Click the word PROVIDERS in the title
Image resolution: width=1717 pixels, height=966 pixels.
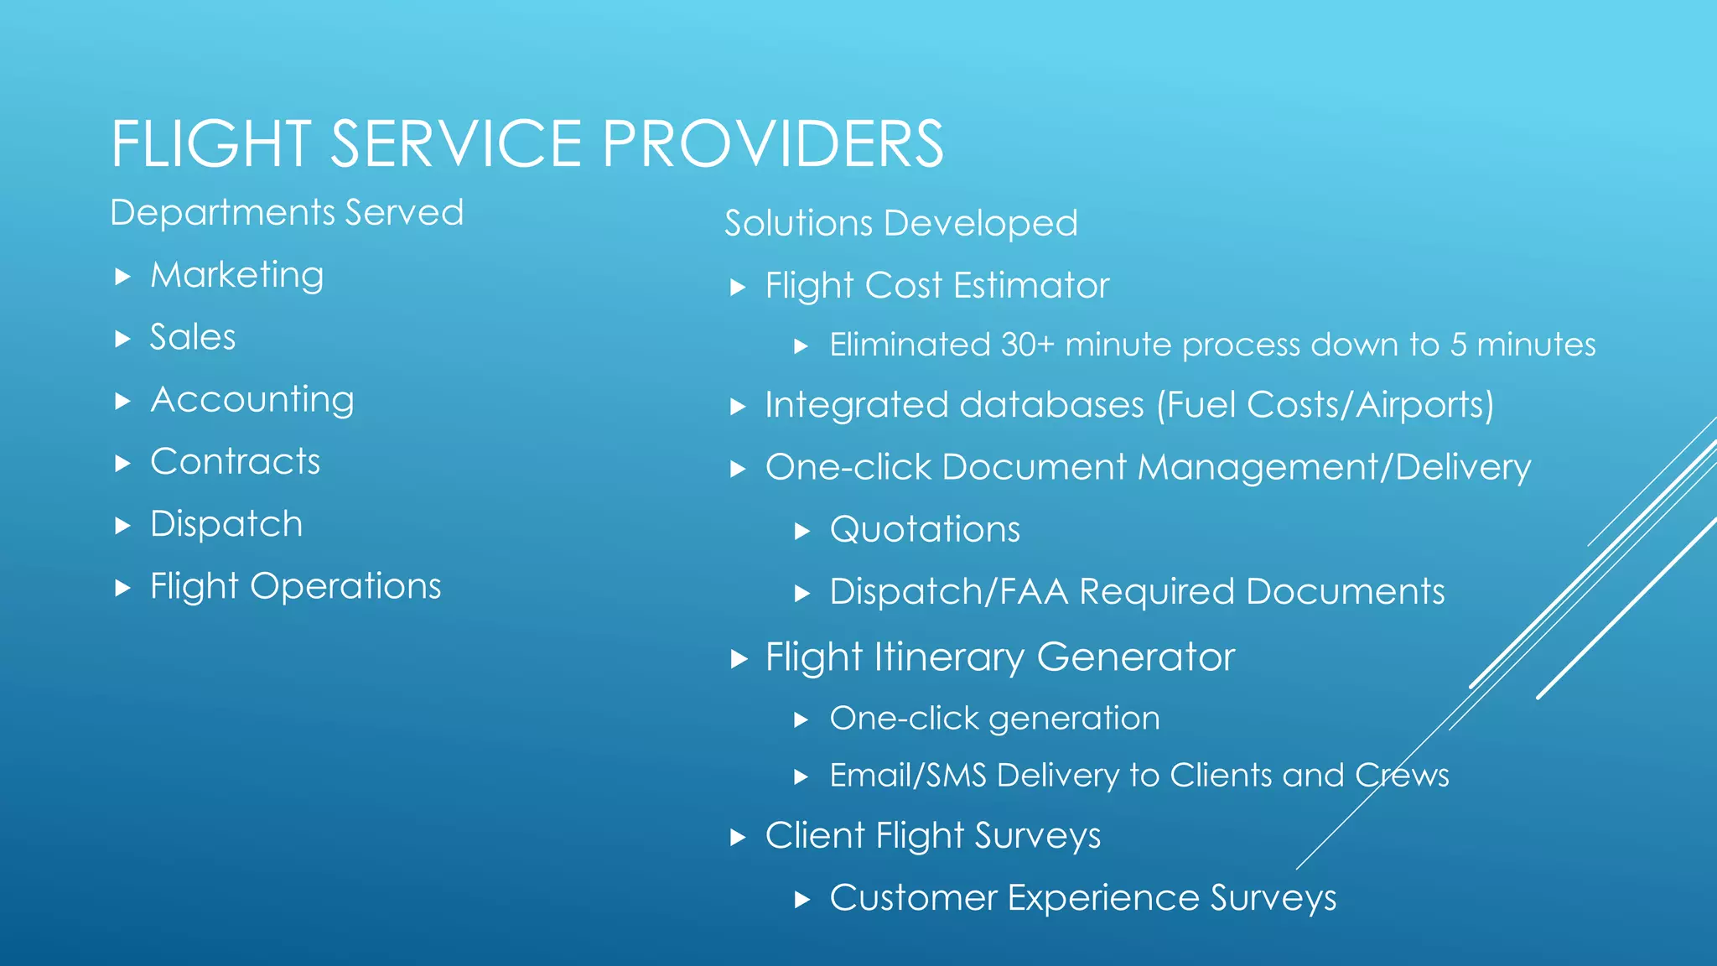pyautogui.click(x=773, y=144)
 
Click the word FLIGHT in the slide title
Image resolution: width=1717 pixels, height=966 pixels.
pyautogui.click(x=210, y=144)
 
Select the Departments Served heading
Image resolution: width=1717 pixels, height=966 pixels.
pyautogui.click(x=287, y=212)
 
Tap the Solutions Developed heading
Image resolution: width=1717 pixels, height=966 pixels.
pyautogui.click(x=900, y=223)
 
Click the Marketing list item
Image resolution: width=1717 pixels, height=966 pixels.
pyautogui.click(x=236, y=275)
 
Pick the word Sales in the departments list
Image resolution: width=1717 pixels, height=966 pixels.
pyautogui.click(x=193, y=337)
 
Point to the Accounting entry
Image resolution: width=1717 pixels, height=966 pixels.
pyautogui.click(x=252, y=399)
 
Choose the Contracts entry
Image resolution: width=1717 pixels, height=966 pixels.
pyautogui.click(x=235, y=461)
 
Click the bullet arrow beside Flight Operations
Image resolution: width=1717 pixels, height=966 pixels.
pyautogui.click(x=123, y=587)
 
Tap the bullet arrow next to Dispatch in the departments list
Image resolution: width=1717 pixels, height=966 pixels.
pyautogui.click(x=123, y=526)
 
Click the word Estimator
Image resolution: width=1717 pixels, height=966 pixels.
pyautogui.click(x=1031, y=286)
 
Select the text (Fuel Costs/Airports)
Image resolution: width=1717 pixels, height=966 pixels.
pyautogui.click(x=1325, y=405)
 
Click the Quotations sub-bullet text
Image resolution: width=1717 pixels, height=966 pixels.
pyautogui.click(x=925, y=530)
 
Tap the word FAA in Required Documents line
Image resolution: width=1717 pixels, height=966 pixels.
pyautogui.click(x=1034, y=592)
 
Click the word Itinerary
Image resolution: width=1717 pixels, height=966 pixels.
pyautogui.click(x=948, y=657)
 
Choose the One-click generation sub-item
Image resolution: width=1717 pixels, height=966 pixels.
pyautogui.click(x=994, y=719)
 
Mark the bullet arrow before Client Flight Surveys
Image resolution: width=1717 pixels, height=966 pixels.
pyautogui.click(x=738, y=837)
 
